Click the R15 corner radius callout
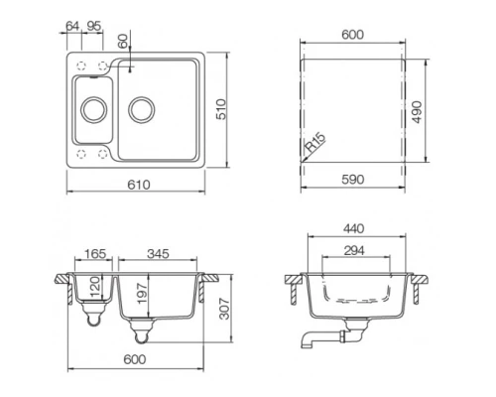pyautogui.click(x=313, y=145)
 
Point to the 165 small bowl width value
pyautogui.click(x=96, y=255)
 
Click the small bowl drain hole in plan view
pyautogui.click(x=94, y=108)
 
